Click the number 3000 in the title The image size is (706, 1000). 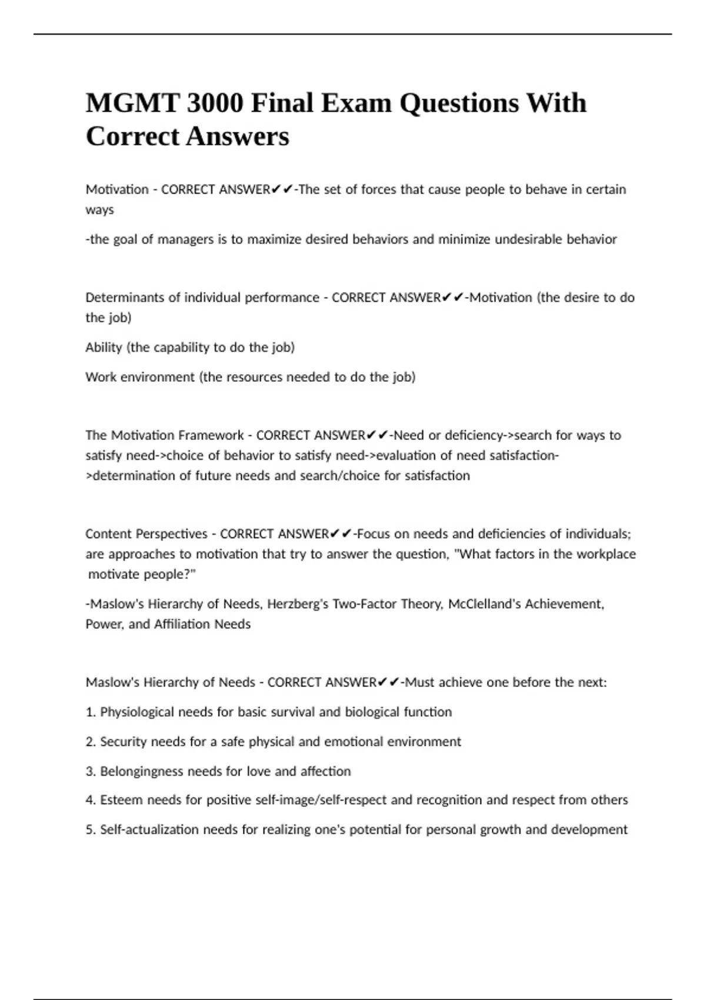(215, 104)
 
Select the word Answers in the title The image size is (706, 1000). (238, 137)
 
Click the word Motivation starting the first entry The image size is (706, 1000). (117, 189)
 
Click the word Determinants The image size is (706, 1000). (125, 298)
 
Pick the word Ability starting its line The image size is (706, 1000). (104, 347)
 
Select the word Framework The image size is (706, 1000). (211, 435)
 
